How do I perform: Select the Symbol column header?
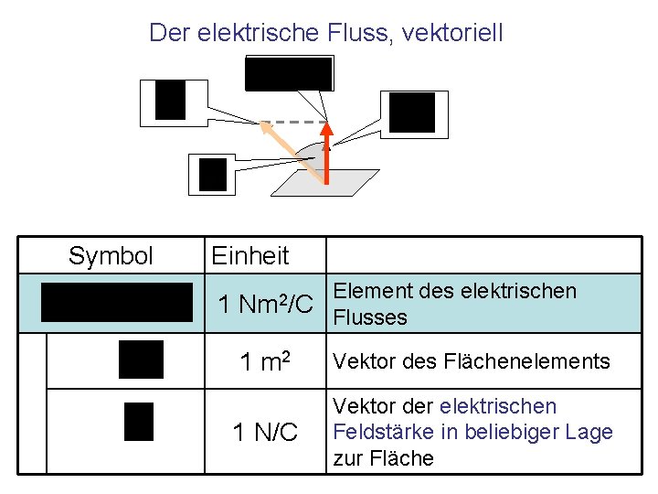click(111, 256)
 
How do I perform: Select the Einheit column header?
click(249, 256)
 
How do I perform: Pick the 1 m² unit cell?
click(265, 362)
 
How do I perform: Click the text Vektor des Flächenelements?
click(472, 361)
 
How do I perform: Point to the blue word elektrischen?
click(497, 406)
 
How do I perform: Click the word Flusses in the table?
click(371, 318)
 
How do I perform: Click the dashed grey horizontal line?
click(297, 123)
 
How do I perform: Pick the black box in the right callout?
click(412, 113)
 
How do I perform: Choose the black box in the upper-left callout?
click(170, 100)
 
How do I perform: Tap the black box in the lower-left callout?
click(212, 174)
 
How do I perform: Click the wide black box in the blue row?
click(116, 303)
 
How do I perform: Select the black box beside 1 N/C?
click(139, 422)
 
